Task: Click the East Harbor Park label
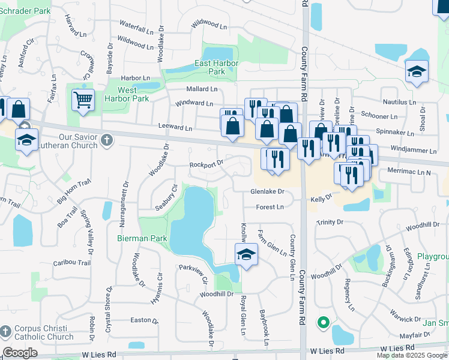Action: pos(217,67)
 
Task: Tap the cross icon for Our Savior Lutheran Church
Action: pos(106,140)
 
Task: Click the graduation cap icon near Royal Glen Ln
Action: pos(246,254)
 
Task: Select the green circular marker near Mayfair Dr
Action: pos(323,323)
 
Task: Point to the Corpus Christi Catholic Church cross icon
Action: pos(5,331)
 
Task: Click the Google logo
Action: pos(20,353)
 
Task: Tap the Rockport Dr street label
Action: pos(206,163)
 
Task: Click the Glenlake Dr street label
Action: pos(267,192)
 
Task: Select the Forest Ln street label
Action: pos(270,207)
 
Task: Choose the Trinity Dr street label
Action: pos(330,222)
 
